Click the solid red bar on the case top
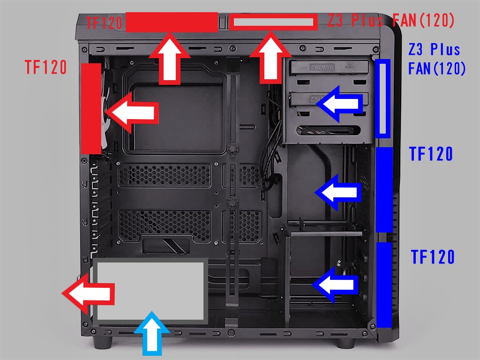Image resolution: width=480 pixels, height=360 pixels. [x=172, y=22]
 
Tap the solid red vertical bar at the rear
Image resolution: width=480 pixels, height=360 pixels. [x=91, y=108]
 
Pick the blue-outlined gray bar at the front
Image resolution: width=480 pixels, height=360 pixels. [x=383, y=98]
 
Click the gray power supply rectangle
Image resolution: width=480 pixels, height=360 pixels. [x=150, y=290]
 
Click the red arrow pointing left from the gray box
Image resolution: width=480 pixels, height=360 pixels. [x=89, y=294]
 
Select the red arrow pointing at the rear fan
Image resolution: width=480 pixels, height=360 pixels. [x=131, y=112]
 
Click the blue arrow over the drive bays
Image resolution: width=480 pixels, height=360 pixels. [x=340, y=105]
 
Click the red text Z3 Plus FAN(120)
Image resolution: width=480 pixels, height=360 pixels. [x=391, y=20]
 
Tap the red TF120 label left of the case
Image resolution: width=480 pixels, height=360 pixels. [x=46, y=67]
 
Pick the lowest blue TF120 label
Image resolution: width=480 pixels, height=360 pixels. [x=433, y=257]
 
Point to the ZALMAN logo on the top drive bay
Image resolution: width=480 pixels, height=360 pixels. [x=322, y=67]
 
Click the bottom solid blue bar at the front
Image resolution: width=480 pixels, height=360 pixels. [x=384, y=285]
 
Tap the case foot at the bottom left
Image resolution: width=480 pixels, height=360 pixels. [x=101, y=342]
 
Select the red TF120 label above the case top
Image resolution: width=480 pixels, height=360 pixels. [x=105, y=22]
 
